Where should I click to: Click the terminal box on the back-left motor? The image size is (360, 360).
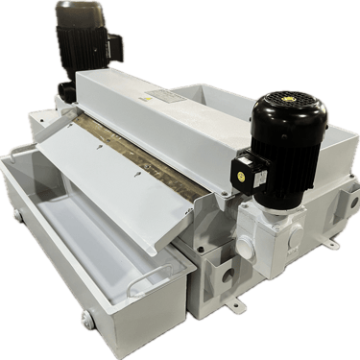(x=111, y=44)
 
